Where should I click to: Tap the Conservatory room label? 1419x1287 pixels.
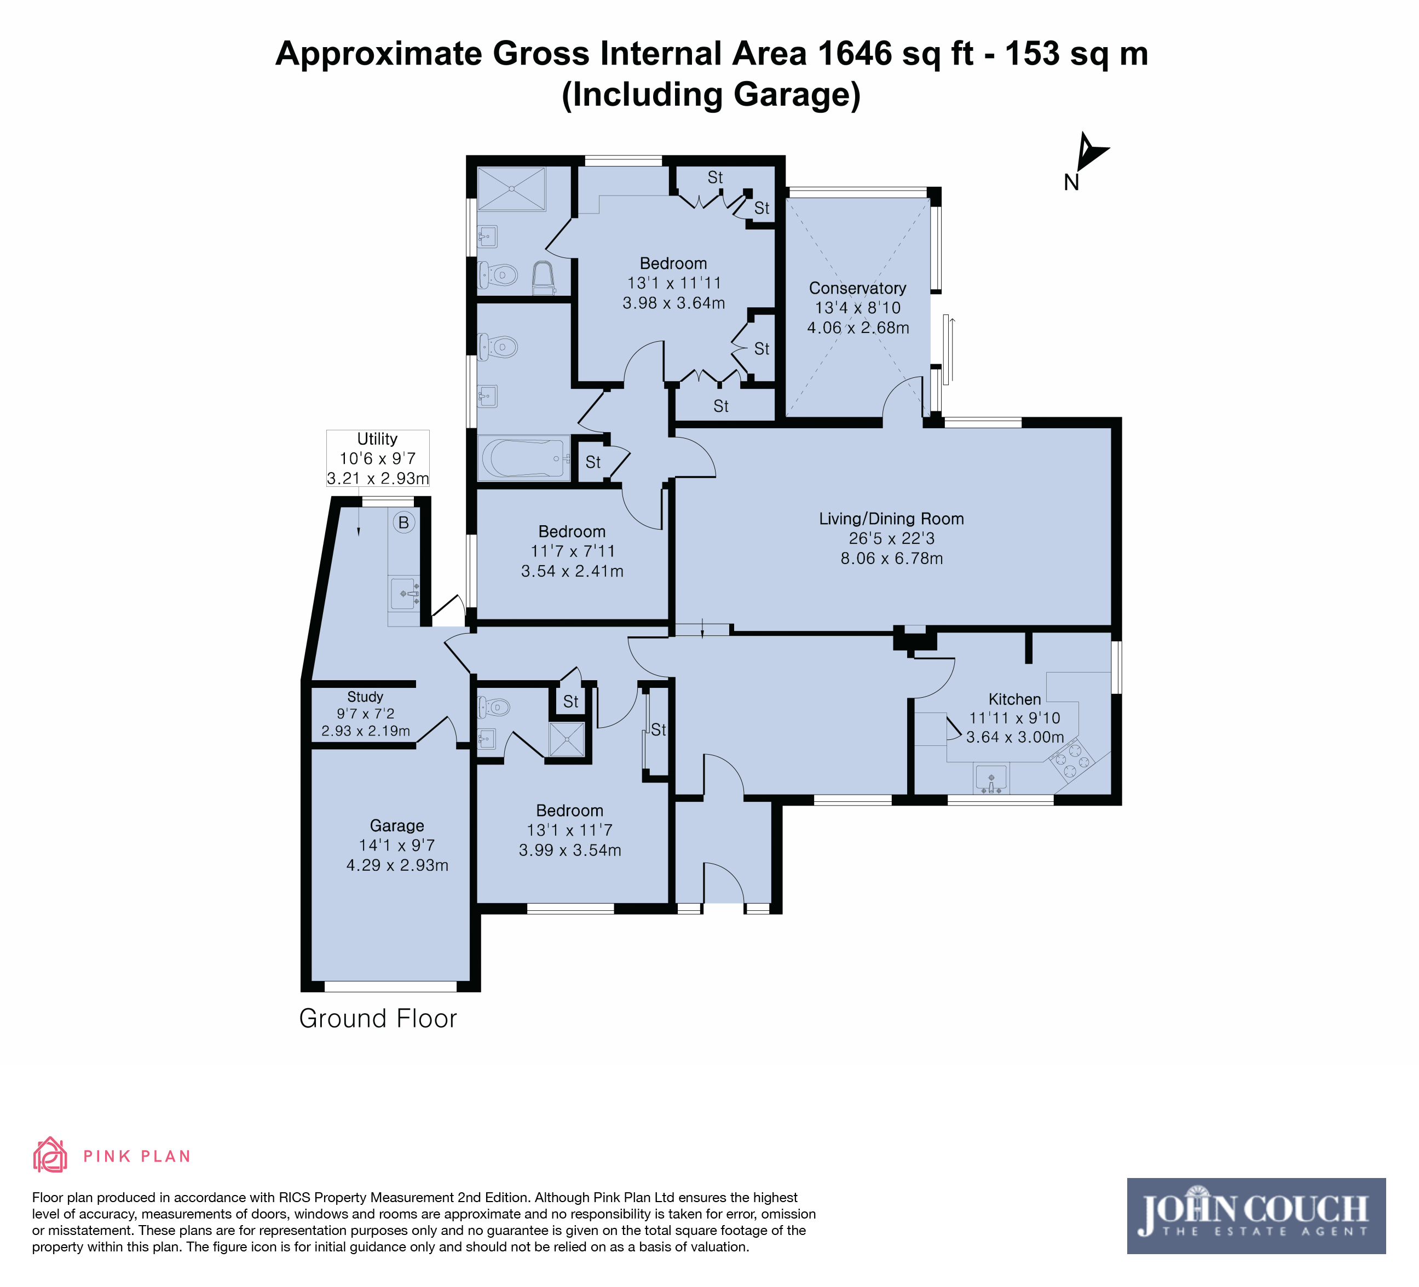857,288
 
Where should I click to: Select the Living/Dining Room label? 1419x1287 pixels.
891,519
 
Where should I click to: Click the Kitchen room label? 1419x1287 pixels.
1014,699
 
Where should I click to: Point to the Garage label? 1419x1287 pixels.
397,826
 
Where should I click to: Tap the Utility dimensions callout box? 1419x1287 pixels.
378,458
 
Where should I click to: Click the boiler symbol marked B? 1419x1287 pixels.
403,522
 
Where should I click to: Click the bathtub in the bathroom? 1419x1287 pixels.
524,458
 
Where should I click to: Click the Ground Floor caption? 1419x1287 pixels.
378,1019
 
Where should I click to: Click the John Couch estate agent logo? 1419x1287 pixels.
1256,1216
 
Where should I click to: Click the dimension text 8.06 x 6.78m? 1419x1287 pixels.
891,558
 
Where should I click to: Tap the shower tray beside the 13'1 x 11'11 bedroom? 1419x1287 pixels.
512,189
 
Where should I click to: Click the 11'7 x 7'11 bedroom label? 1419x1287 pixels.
572,551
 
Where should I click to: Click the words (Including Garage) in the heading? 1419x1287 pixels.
711,95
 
